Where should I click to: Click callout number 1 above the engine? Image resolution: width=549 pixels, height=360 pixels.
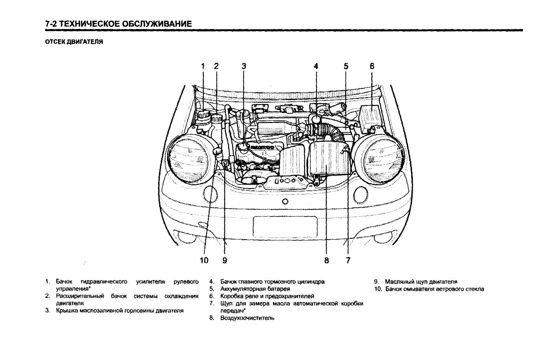[203, 66]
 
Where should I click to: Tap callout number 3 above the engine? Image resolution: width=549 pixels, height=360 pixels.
[244, 66]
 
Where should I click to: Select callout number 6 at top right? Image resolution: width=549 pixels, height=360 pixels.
[372, 66]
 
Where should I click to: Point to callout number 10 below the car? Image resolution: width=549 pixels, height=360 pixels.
[204, 260]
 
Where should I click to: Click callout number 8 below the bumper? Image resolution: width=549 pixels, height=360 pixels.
[327, 260]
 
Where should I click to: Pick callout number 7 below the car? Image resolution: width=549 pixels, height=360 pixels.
[348, 260]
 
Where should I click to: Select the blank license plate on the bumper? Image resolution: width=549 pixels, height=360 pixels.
[285, 227]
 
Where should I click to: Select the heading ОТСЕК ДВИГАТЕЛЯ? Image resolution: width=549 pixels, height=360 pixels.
[74, 41]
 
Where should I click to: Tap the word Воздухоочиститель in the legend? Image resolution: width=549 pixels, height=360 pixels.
[247, 318]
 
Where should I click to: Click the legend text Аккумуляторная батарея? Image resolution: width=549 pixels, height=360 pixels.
[255, 289]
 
